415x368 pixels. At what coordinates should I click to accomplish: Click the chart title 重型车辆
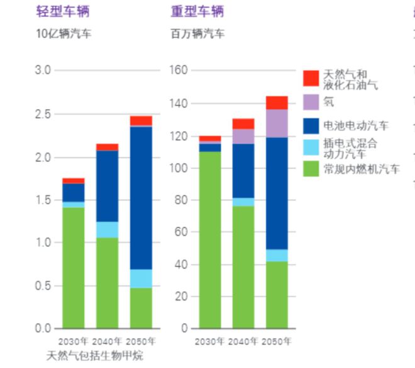[x=197, y=11]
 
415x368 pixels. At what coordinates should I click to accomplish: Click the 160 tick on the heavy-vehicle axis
[x=179, y=70]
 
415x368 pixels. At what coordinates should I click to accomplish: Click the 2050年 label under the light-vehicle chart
[x=141, y=341]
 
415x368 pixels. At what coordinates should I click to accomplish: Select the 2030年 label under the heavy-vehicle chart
[x=209, y=341]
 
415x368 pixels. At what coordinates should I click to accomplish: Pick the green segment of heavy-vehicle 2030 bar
[x=210, y=239]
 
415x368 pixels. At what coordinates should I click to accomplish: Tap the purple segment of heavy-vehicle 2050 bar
[x=277, y=124]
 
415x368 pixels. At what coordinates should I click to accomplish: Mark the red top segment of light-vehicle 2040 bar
[x=108, y=147]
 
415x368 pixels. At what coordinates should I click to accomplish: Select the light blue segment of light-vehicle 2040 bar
[x=108, y=229]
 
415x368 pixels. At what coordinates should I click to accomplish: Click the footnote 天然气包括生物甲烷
[x=95, y=356]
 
